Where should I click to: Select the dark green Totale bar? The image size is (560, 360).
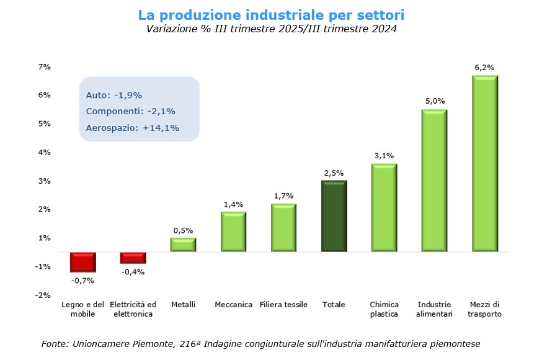click(x=334, y=216)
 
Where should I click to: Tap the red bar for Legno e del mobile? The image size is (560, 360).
click(x=82, y=262)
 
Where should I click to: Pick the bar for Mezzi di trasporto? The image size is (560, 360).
click(x=484, y=164)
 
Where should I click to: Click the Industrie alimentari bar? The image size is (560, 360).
click(x=434, y=181)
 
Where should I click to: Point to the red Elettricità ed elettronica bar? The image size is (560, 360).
click(x=133, y=258)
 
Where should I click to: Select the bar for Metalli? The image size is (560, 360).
click(x=183, y=245)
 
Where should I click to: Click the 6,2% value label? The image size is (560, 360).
click(x=484, y=67)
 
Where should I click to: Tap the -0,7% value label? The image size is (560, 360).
click(x=82, y=281)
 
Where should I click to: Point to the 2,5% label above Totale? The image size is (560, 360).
click(x=334, y=173)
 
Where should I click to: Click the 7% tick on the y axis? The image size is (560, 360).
click(x=44, y=66)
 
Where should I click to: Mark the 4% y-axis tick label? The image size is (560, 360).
click(x=44, y=152)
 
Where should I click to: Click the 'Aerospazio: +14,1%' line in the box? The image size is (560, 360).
click(x=132, y=128)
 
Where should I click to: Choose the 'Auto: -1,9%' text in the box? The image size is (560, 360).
click(x=114, y=95)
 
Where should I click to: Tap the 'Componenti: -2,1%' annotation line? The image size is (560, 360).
click(x=130, y=111)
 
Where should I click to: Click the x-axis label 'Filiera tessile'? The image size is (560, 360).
click(x=283, y=305)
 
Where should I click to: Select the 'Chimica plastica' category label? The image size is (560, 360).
click(x=384, y=309)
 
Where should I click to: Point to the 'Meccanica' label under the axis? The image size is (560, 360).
click(x=233, y=305)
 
